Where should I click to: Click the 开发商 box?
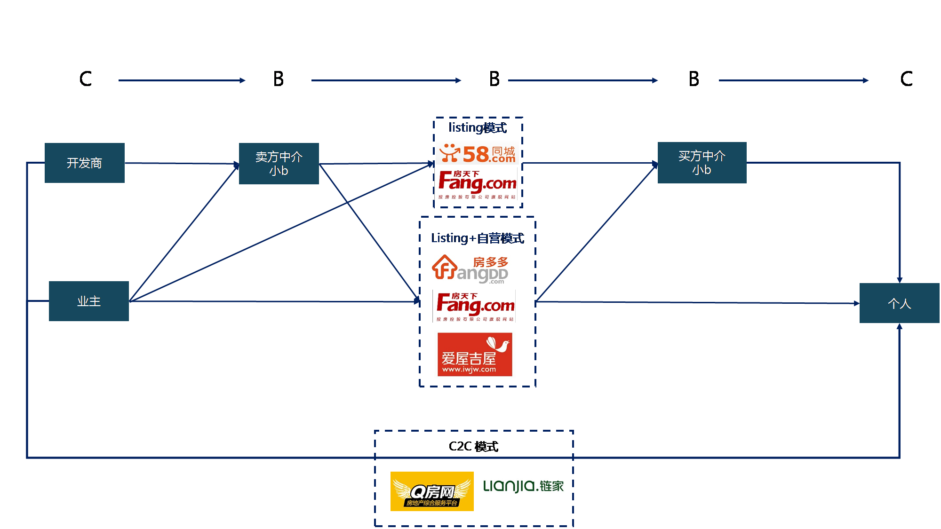[x=85, y=163]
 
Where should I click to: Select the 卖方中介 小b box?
[x=279, y=163]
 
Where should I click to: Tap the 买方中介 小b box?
[x=702, y=162]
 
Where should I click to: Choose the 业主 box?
[x=89, y=301]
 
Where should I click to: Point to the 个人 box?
[x=899, y=303]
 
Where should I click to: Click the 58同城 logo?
[x=477, y=154]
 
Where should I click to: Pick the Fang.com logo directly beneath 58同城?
[x=477, y=185]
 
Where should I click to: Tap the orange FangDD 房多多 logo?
[x=470, y=269]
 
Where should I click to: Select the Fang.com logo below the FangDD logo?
[x=474, y=306]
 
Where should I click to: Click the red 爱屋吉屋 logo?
[x=475, y=355]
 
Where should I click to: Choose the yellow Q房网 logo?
[x=432, y=491]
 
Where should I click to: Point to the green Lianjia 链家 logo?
[x=523, y=486]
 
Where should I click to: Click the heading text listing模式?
[x=477, y=127]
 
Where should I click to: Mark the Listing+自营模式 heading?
[x=477, y=238]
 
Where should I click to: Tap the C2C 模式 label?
[x=473, y=446]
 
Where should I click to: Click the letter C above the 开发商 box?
[x=86, y=79]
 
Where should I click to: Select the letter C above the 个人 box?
[x=906, y=79]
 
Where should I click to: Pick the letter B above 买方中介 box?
[x=694, y=79]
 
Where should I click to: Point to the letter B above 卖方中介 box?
[x=279, y=79]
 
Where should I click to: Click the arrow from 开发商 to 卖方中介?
[x=182, y=163]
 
